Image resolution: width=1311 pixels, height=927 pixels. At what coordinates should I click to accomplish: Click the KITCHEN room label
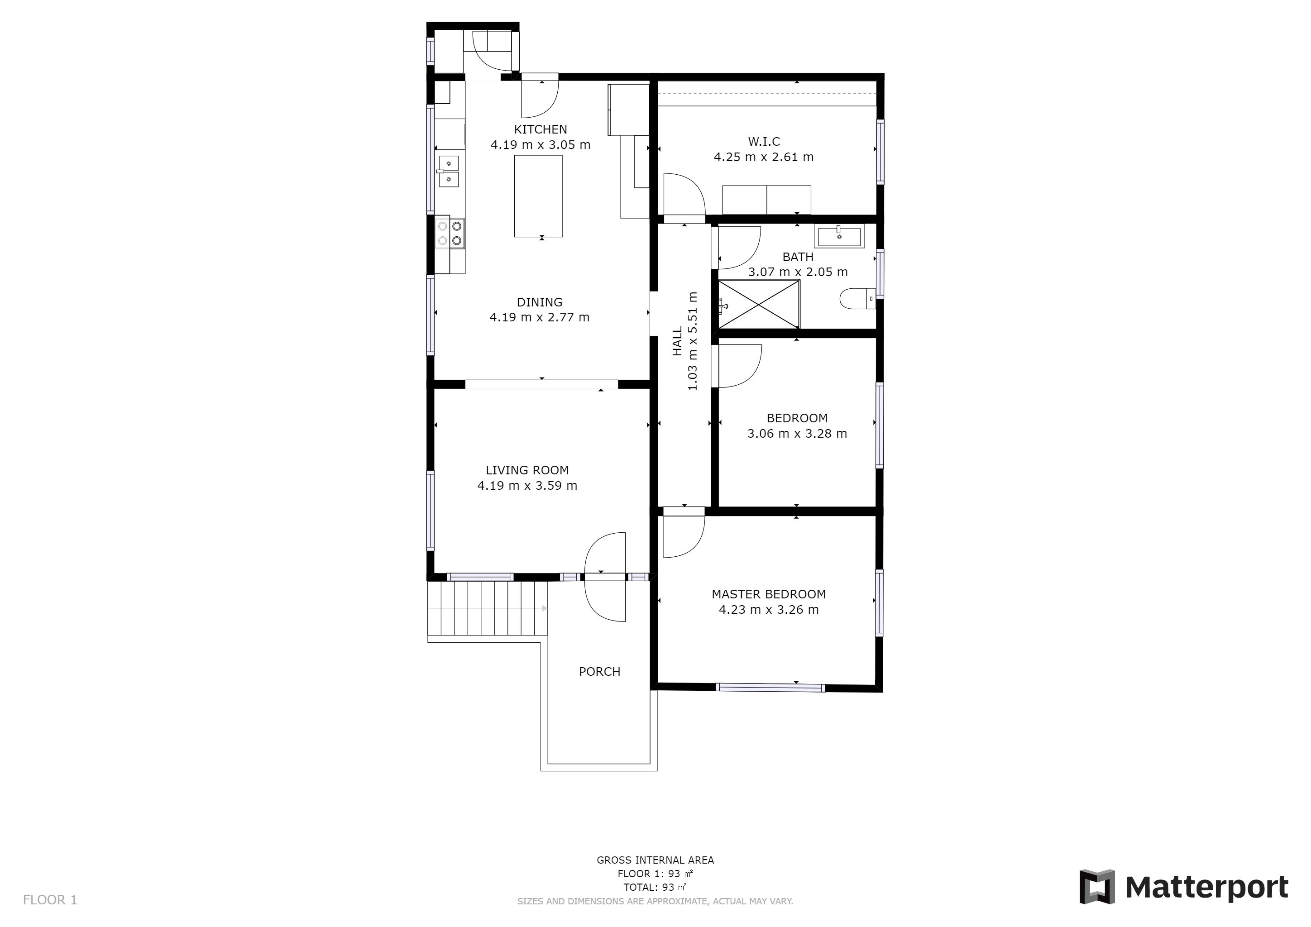[x=540, y=129]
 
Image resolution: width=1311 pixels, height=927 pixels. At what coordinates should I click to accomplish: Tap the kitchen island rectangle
[x=538, y=196]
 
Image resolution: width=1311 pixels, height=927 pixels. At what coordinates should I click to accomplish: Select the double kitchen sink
[x=449, y=171]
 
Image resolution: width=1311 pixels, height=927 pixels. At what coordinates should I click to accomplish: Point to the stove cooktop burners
[x=450, y=234]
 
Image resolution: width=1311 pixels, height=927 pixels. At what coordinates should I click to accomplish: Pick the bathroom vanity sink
[x=839, y=236]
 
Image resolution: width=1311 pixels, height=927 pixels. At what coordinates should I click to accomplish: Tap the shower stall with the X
[x=759, y=304]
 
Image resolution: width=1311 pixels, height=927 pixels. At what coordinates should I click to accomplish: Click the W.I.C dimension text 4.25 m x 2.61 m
[x=763, y=157]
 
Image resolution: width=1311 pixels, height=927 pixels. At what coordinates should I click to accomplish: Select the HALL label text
[x=677, y=341]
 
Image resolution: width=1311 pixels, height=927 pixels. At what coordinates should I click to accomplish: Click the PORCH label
[x=599, y=672]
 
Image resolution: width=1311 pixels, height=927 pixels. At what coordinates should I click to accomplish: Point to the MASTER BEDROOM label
[x=769, y=594]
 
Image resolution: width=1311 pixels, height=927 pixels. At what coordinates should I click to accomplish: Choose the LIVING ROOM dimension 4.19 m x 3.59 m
[x=527, y=486]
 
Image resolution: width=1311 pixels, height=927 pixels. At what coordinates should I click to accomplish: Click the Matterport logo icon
[x=1097, y=886]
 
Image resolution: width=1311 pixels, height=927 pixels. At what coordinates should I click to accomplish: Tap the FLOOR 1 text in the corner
[x=50, y=900]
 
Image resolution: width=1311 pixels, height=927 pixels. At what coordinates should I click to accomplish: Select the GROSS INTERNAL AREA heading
[x=655, y=860]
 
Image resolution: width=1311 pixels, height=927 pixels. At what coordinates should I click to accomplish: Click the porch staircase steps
[x=488, y=608]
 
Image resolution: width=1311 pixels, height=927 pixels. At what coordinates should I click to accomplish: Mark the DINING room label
[x=540, y=302]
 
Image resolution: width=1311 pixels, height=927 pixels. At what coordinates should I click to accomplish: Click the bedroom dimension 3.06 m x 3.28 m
[x=797, y=434]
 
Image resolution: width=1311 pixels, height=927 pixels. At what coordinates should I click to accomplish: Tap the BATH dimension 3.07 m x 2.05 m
[x=798, y=272]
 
